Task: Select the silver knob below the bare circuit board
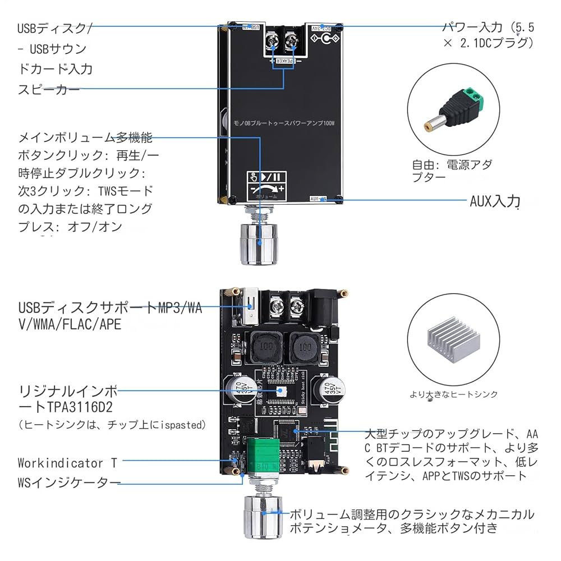tap(261, 516)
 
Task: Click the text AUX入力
tap(495, 201)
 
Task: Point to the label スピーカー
tap(49, 89)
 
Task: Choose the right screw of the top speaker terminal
tap(291, 39)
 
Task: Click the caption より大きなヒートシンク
tap(454, 394)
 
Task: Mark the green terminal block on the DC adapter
tap(471, 97)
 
